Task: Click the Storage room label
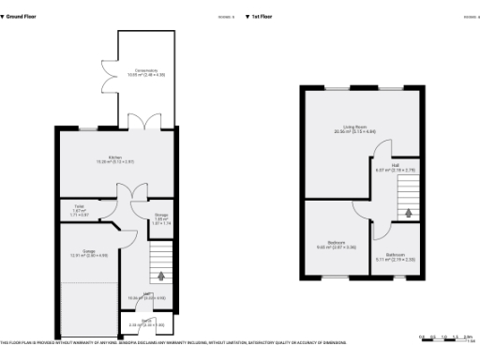click(x=161, y=217)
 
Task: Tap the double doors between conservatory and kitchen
click(x=145, y=122)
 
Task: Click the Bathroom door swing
click(x=379, y=229)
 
